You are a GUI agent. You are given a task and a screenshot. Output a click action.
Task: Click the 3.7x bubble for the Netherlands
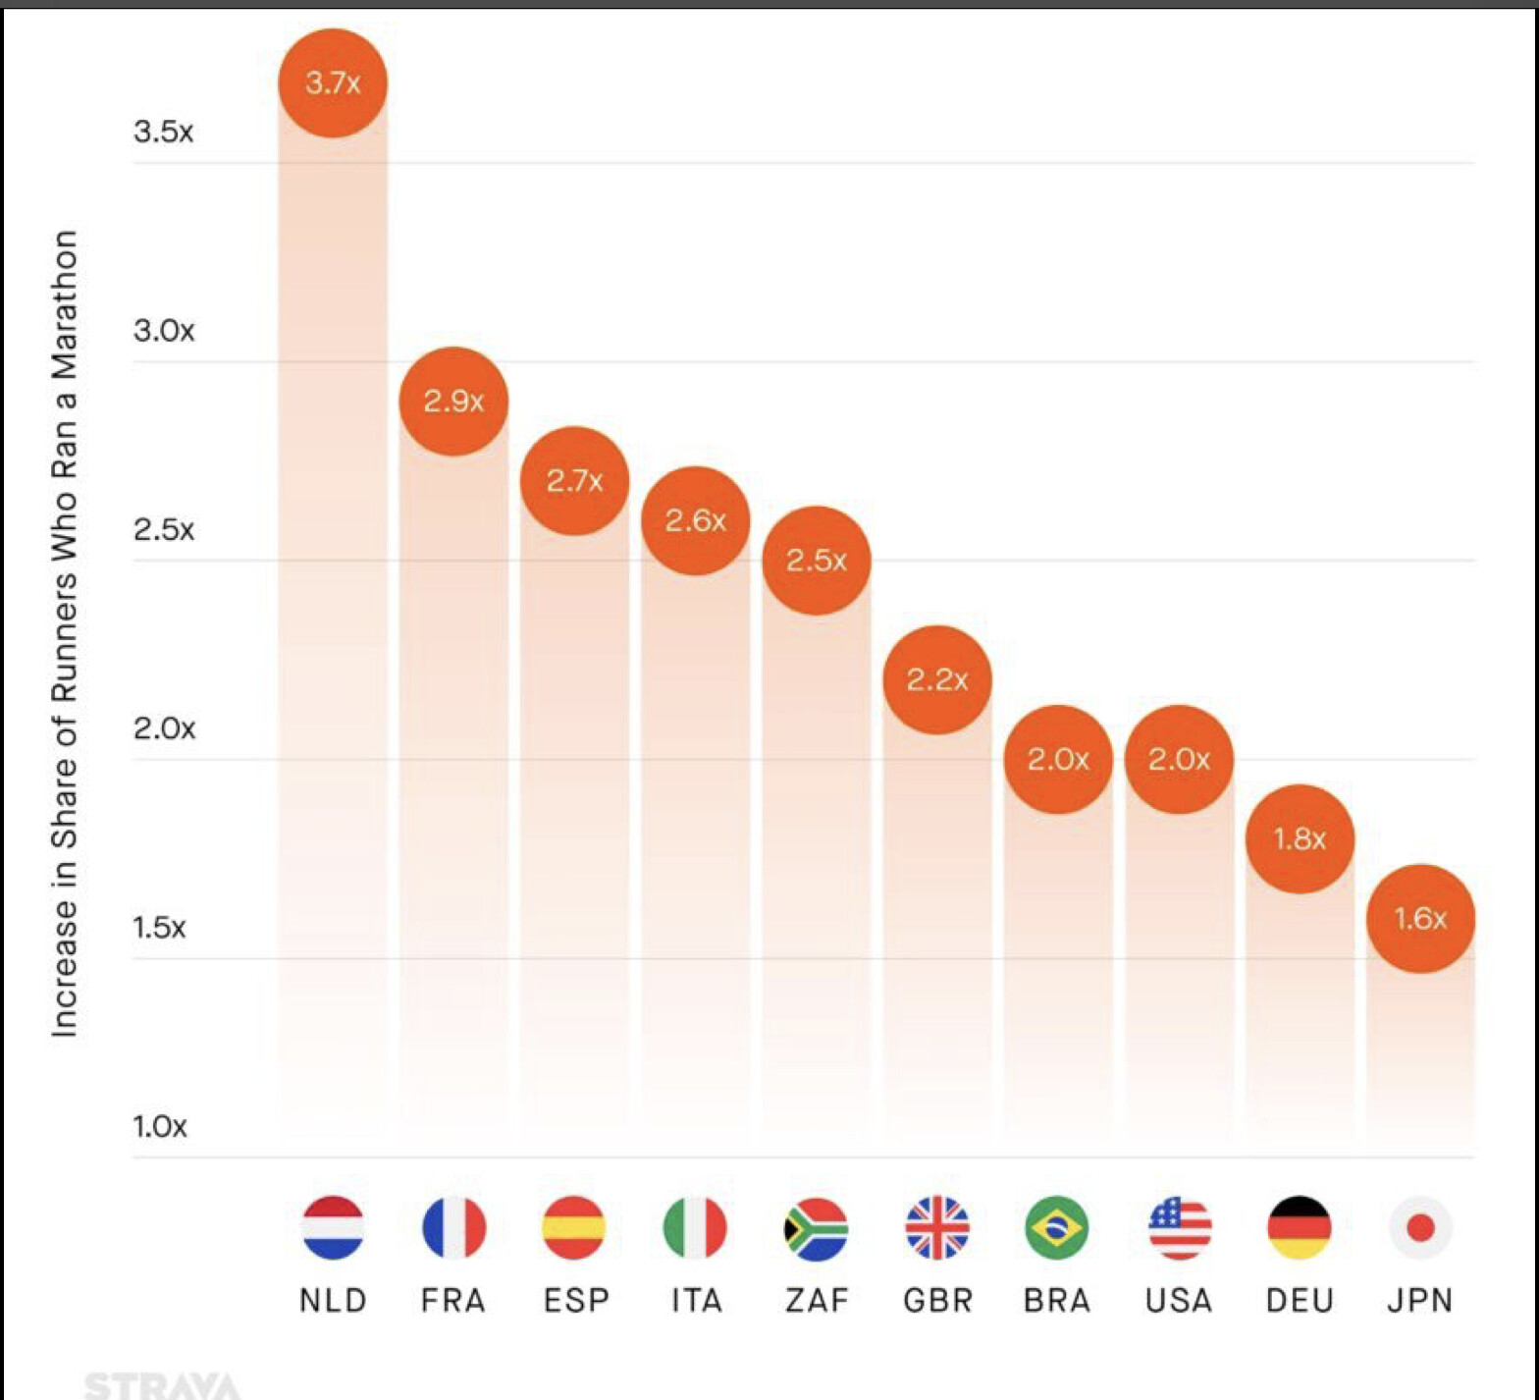(x=333, y=82)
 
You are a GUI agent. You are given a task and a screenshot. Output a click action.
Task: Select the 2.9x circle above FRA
(x=453, y=401)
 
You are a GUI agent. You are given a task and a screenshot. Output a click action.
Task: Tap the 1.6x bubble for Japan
(x=1420, y=918)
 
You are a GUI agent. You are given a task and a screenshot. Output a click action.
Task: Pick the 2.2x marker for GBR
(x=937, y=679)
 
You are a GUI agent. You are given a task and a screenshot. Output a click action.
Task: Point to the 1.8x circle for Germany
(x=1300, y=838)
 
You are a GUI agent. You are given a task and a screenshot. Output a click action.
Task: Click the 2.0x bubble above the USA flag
(x=1179, y=759)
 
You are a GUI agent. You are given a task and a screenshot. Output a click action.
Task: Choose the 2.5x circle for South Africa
(x=817, y=560)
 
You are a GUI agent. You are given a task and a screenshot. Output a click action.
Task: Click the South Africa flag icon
(x=817, y=1227)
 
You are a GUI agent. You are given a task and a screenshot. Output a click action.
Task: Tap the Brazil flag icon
(x=1057, y=1227)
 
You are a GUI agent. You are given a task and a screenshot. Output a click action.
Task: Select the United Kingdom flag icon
(x=937, y=1227)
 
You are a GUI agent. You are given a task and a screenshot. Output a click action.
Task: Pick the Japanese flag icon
(x=1420, y=1227)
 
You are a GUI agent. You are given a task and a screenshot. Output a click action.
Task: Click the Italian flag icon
(x=695, y=1227)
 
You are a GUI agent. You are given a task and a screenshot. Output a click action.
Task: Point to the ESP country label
(x=576, y=1300)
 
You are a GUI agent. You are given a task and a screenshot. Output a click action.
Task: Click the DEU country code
(x=1300, y=1300)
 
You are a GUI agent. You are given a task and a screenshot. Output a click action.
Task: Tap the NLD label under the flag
(x=333, y=1300)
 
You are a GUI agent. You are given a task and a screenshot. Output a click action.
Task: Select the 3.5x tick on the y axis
(x=164, y=131)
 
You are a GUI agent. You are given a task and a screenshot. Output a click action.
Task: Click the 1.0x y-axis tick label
(x=160, y=1125)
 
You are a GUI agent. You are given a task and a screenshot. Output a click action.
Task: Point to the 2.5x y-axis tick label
(x=164, y=529)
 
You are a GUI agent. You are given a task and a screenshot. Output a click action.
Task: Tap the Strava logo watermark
(x=163, y=1385)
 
